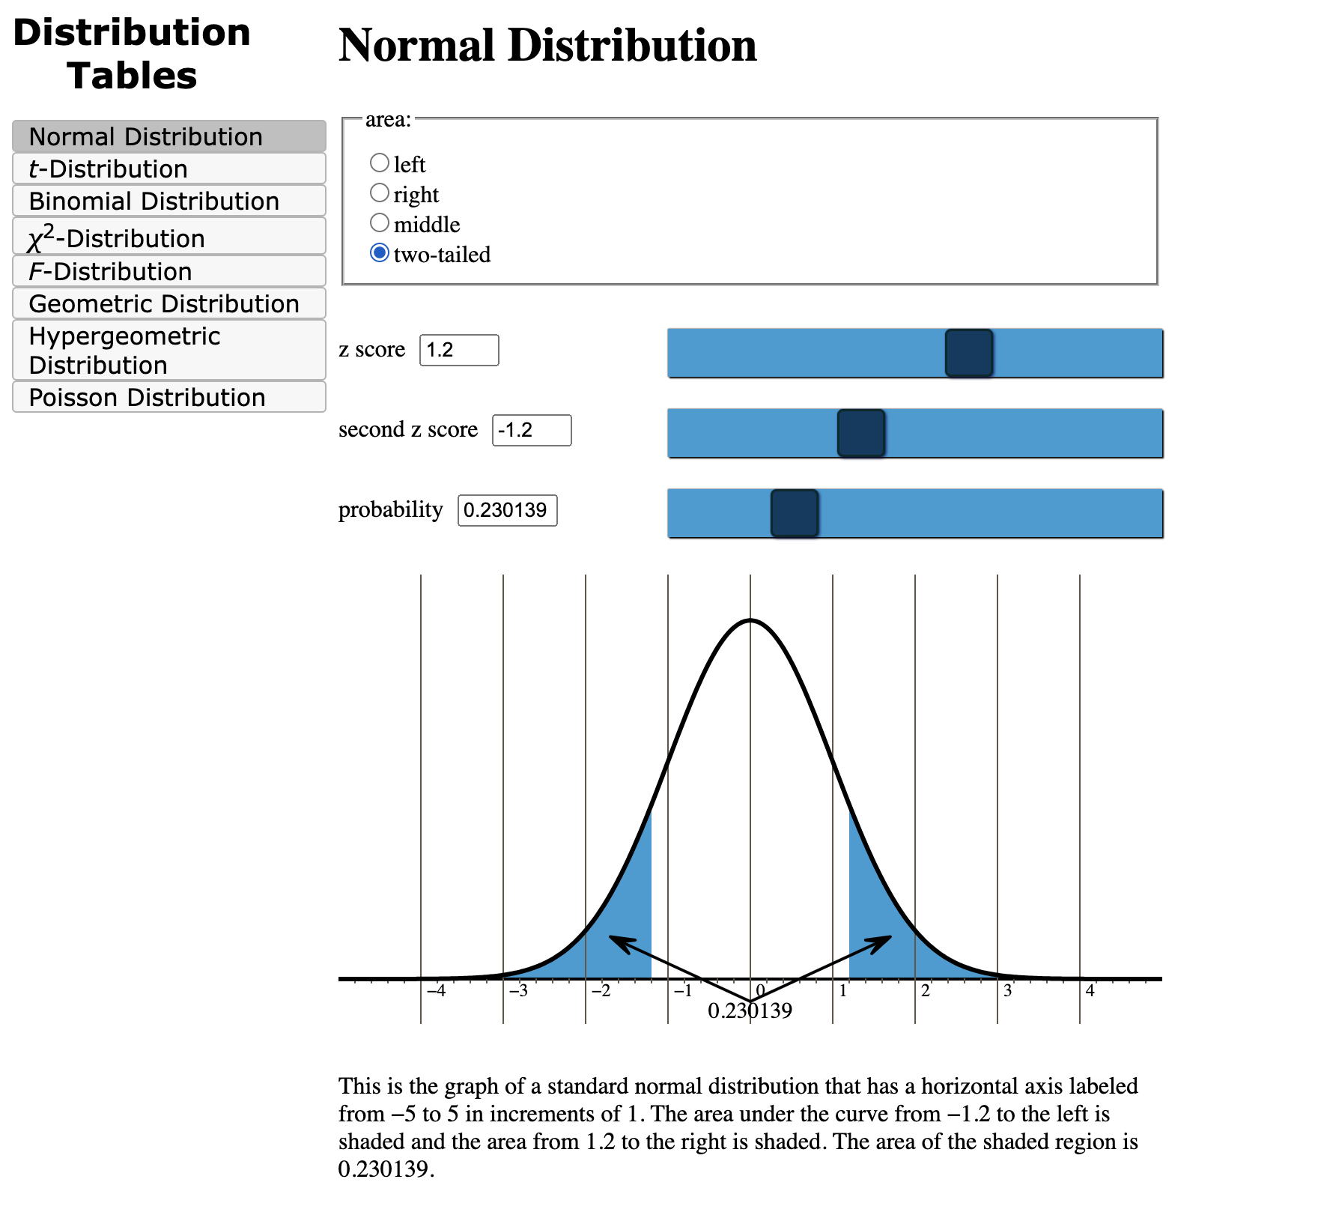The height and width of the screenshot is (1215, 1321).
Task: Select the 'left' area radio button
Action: tap(380, 163)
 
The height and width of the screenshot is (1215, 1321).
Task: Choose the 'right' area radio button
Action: tap(380, 193)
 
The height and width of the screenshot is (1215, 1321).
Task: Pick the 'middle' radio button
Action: tap(380, 223)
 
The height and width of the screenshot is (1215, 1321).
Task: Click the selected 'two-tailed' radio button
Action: tap(380, 253)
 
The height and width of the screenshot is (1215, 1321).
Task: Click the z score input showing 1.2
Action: tap(458, 350)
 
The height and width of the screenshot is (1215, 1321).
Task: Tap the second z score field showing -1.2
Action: tap(531, 430)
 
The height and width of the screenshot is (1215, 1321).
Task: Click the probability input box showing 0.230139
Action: tap(507, 510)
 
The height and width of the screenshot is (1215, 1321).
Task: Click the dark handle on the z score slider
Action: tap(968, 353)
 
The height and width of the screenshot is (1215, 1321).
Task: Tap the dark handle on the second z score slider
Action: tap(860, 433)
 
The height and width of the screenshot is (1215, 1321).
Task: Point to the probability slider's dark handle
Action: tap(794, 513)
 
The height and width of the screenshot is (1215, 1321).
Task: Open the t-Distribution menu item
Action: tap(169, 169)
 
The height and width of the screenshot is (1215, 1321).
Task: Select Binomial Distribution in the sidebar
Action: tap(169, 201)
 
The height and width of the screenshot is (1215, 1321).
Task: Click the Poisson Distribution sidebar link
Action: tap(169, 397)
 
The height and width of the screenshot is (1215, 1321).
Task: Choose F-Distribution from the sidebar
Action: tap(169, 271)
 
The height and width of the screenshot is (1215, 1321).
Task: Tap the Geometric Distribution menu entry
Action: tap(169, 303)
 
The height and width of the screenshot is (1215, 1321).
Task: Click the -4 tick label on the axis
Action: tap(436, 991)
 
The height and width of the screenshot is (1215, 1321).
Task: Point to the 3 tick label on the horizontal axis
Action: tap(1007, 991)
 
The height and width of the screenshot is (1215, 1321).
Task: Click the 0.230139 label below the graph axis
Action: tap(750, 1011)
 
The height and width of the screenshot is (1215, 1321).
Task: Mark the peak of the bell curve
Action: tap(750, 620)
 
